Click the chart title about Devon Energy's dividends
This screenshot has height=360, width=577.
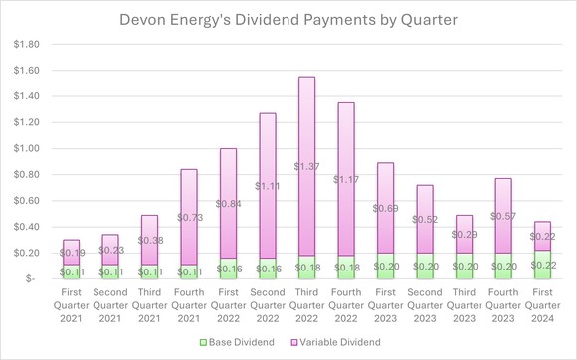(x=288, y=19)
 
